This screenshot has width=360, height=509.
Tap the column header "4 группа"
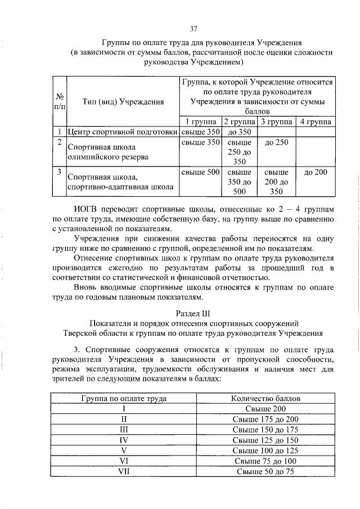pyautogui.click(x=315, y=122)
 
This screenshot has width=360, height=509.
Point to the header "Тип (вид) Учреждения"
pyautogui.click(x=123, y=102)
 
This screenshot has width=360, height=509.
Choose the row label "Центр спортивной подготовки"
pyautogui.click(x=123, y=132)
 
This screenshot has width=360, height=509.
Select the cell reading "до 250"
pyautogui.click(x=276, y=142)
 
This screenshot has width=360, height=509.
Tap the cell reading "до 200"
pyautogui.click(x=315, y=172)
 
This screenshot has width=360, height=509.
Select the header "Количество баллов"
pyautogui.click(x=265, y=398)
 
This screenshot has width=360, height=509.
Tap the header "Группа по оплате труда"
pyautogui.click(x=123, y=398)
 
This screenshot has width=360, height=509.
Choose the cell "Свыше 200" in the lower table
pyautogui.click(x=265, y=408)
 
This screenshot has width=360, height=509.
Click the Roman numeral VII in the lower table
pyautogui.click(x=123, y=471)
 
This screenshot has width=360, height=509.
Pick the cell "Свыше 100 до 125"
pyautogui.click(x=265, y=451)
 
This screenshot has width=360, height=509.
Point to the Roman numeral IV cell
pyautogui.click(x=123, y=440)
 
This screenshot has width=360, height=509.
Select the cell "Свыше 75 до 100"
pyautogui.click(x=265, y=461)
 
